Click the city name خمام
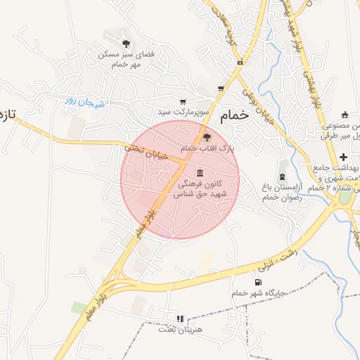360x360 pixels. click(x=234, y=116)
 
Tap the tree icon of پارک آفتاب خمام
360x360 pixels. click(x=206, y=137)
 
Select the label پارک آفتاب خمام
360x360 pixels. click(x=206, y=149)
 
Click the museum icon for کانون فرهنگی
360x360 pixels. click(x=201, y=173)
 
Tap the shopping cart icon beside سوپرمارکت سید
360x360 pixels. click(x=184, y=102)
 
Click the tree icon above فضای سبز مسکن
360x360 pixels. click(x=126, y=44)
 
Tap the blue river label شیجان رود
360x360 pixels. click(x=84, y=102)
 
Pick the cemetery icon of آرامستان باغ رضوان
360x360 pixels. click(x=283, y=174)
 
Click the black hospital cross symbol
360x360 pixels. click(x=343, y=156)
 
